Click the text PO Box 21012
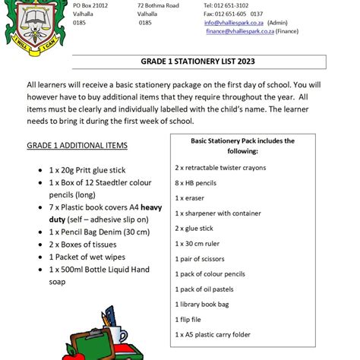coord(90,5)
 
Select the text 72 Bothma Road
coord(158,5)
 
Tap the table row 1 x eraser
coord(190,197)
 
